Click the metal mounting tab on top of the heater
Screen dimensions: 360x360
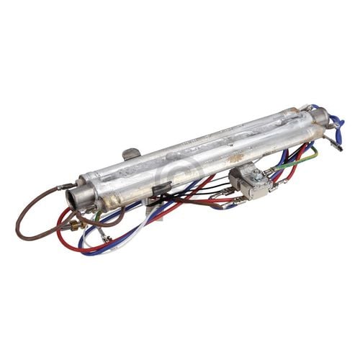[130, 154]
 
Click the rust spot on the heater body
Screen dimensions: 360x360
[235, 154]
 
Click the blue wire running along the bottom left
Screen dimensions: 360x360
[108, 248]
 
